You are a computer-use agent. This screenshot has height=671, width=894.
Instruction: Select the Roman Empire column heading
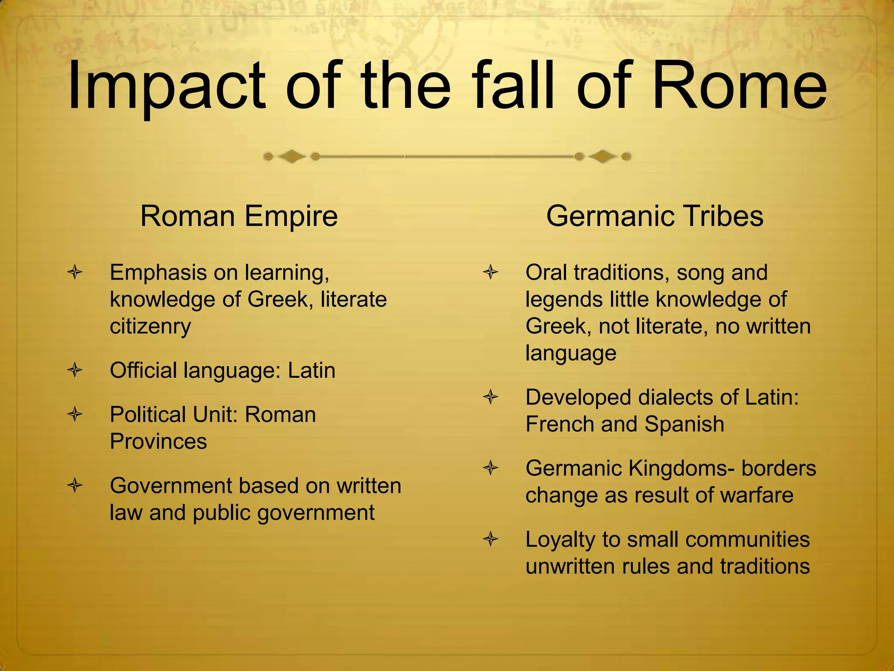(239, 216)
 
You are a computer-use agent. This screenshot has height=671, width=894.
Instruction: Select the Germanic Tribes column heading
(654, 216)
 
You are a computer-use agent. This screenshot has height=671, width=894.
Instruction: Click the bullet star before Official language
(75, 370)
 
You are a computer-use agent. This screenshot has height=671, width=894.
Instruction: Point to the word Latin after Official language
(311, 370)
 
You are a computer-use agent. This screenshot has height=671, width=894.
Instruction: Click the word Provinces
(158, 441)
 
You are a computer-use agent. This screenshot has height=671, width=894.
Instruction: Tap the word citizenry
(150, 327)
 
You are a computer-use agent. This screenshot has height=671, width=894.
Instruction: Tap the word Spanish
(684, 424)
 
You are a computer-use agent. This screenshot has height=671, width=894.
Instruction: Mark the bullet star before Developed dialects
(491, 398)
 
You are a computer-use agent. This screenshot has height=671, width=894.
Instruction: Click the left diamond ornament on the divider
(292, 156)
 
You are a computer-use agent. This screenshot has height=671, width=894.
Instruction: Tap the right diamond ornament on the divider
(602, 156)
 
